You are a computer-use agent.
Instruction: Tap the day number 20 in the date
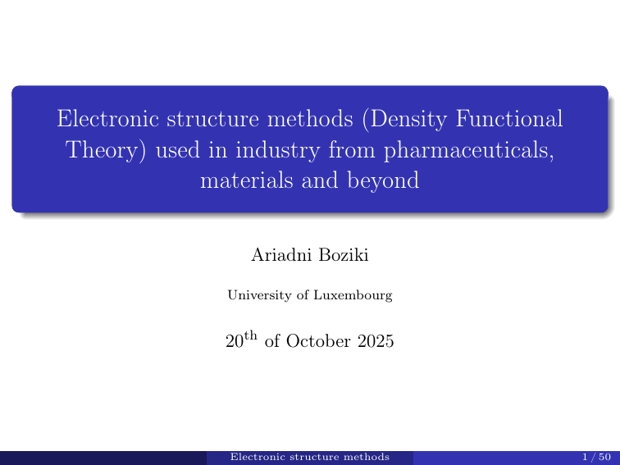pyautogui.click(x=235, y=340)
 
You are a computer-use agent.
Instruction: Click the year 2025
pyautogui.click(x=376, y=340)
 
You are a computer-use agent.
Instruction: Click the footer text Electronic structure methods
pyautogui.click(x=310, y=457)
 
